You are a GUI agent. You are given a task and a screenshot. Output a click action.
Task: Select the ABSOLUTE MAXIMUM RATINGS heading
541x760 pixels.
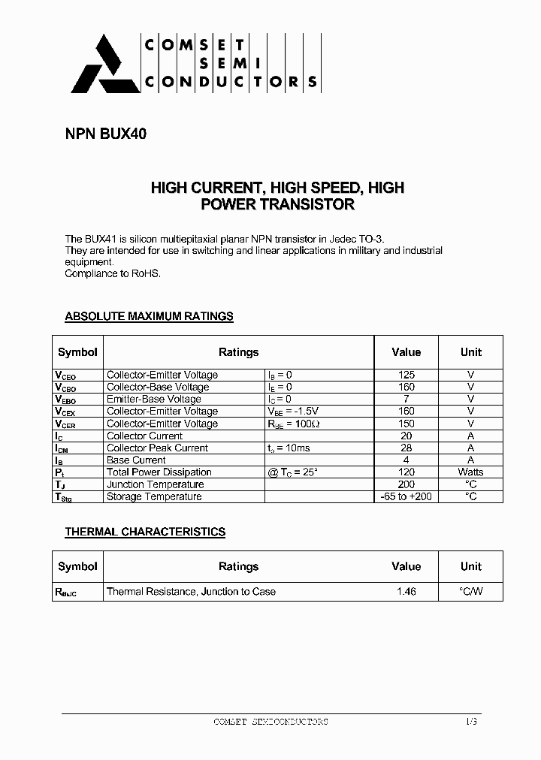(x=149, y=316)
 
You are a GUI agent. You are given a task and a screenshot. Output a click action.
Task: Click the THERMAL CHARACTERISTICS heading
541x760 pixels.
(x=145, y=532)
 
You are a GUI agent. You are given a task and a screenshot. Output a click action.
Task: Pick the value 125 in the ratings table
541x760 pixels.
(x=406, y=375)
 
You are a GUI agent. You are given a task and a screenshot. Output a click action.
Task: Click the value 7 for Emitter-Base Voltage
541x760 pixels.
(x=406, y=399)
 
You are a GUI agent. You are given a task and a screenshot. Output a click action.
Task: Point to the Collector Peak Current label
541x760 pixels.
(x=157, y=448)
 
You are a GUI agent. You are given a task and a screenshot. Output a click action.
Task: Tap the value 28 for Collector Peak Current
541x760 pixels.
(x=406, y=448)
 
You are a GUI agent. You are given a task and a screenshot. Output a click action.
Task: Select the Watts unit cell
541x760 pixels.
(x=470, y=472)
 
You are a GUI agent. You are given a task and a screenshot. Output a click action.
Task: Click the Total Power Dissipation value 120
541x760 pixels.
(x=406, y=472)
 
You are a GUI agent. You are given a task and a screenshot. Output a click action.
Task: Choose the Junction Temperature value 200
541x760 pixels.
(x=406, y=484)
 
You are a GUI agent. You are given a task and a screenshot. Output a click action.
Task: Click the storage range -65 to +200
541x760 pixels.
(x=406, y=496)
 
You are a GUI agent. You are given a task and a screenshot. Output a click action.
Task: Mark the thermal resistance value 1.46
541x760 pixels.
(x=406, y=592)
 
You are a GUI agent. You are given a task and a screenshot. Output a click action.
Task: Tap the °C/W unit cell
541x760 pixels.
(x=470, y=592)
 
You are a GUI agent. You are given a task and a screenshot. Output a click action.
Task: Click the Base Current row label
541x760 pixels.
(x=136, y=460)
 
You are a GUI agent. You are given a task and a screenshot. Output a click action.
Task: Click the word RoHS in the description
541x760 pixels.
(x=147, y=274)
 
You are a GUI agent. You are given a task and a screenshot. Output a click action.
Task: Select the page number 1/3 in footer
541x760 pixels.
(x=470, y=722)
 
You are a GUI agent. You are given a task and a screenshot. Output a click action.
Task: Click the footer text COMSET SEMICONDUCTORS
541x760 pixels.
(x=270, y=722)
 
